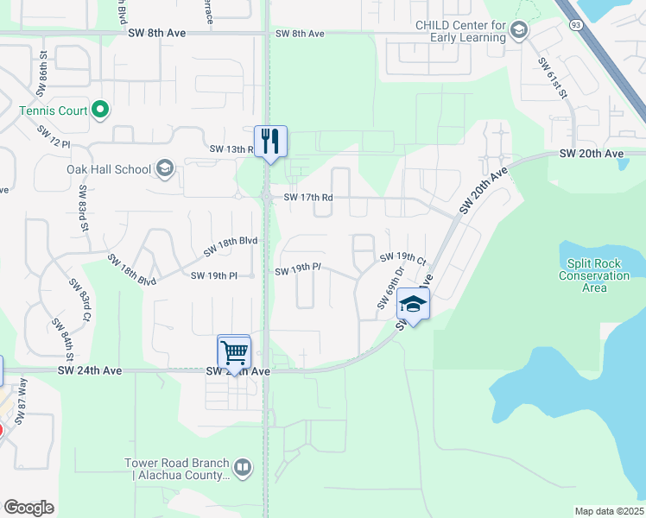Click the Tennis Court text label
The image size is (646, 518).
tap(53, 111)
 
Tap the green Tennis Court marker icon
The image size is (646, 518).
tap(100, 110)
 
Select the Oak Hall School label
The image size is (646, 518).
tap(109, 169)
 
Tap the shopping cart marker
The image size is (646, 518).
tap(234, 351)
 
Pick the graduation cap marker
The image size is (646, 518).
tap(414, 305)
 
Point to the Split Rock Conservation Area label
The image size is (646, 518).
tap(594, 275)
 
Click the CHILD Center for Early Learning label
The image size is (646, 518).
tap(459, 31)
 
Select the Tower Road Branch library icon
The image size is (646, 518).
tap(243, 469)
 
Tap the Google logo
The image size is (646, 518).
tap(28, 508)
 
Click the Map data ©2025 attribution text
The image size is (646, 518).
tap(609, 511)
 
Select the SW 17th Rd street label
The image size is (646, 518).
tap(303, 198)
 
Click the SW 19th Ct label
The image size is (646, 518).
tap(403, 258)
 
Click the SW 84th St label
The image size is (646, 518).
tap(60, 341)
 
